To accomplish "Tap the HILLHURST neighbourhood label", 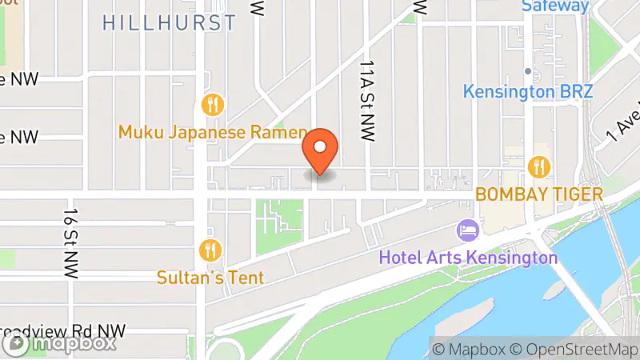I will pos(170,22).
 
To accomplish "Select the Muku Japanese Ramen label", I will pos(213,132).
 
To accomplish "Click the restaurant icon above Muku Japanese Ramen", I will pos(212,104).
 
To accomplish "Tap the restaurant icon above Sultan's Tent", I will pos(210,250).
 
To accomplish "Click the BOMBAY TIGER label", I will pos(538,194).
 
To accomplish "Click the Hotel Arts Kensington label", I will pos(468,258).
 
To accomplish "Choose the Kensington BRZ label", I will pos(528,91).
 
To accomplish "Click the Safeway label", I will pos(555,6).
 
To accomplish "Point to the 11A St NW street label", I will pos(367,100).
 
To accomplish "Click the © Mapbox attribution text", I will pos(470,349).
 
